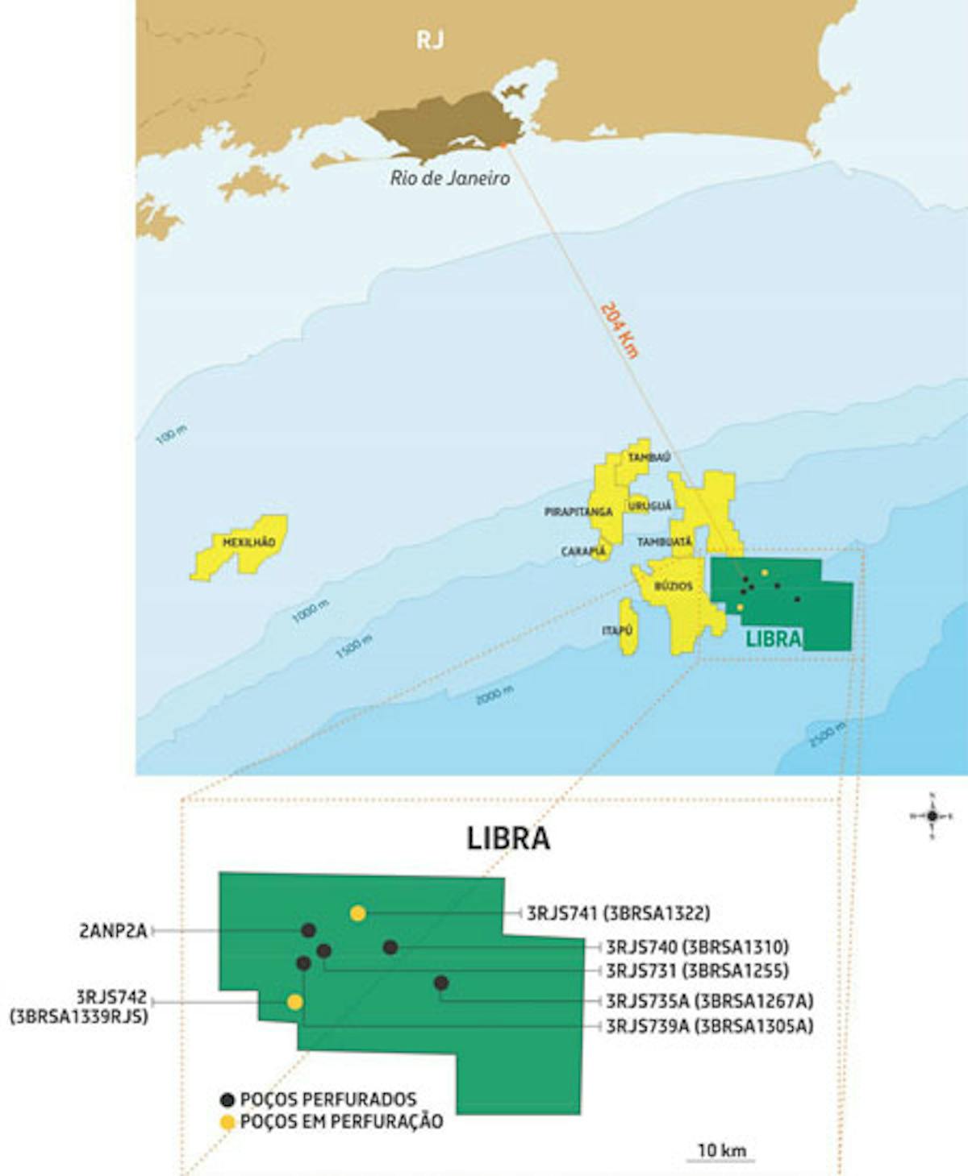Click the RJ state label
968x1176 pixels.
(430, 39)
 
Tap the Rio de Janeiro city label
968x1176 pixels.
(449, 178)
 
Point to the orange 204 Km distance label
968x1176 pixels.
(620, 330)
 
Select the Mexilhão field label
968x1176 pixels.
(248, 542)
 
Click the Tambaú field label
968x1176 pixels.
(649, 458)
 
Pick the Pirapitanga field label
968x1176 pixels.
(578, 512)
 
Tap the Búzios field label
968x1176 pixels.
(673, 586)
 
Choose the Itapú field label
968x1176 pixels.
(617, 630)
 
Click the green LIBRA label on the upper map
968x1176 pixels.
(773, 639)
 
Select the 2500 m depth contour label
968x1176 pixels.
(828, 734)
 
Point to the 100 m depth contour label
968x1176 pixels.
(171, 435)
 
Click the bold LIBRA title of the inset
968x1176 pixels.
(508, 838)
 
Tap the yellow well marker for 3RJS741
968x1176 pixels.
(358, 913)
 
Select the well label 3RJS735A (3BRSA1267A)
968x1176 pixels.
(709, 1001)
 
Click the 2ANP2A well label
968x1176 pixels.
(113, 931)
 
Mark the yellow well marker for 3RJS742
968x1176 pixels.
(295, 1002)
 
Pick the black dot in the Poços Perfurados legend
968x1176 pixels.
(227, 1099)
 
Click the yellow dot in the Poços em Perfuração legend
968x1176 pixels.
(227, 1122)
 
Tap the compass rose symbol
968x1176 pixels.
(932, 816)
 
